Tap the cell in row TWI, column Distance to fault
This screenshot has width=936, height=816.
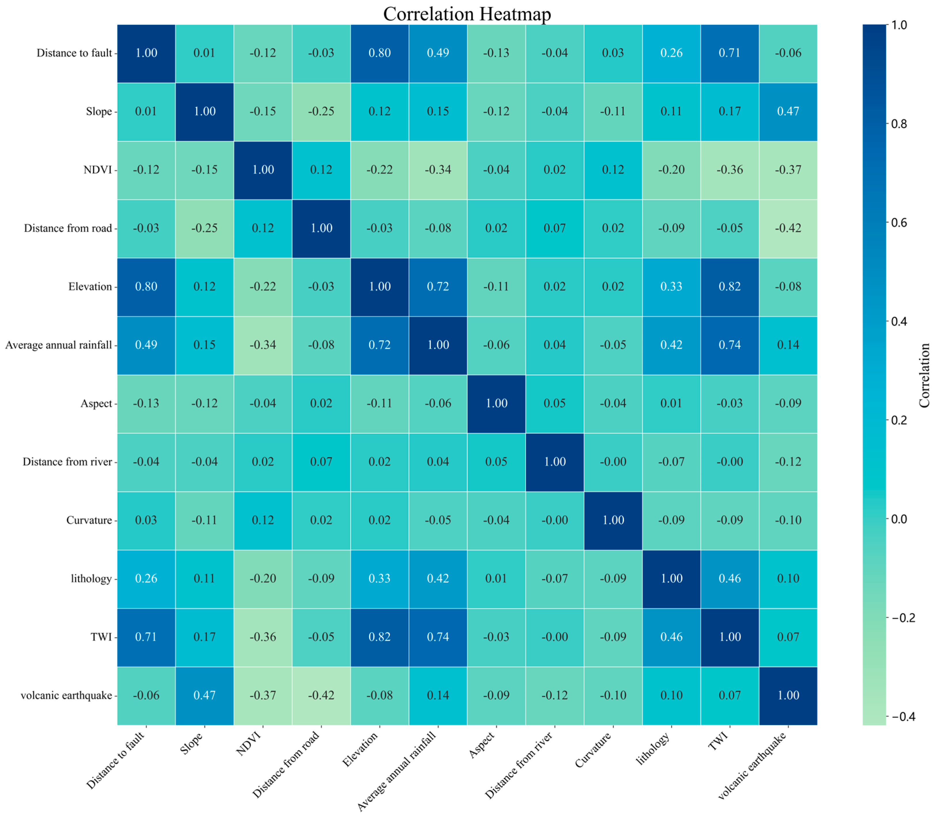coord(146,637)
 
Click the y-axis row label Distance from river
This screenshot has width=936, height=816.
coord(67,462)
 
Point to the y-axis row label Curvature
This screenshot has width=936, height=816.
coord(89,520)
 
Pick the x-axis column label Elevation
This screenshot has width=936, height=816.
coord(361,749)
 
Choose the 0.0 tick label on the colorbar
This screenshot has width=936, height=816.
coord(899,519)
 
